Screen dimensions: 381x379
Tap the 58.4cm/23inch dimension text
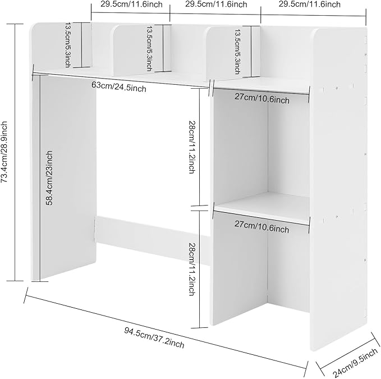[x=49, y=178]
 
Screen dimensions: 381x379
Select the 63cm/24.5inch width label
[x=119, y=87]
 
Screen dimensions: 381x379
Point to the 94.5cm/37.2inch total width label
[x=154, y=337]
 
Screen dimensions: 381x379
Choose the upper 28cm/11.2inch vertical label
[x=192, y=147]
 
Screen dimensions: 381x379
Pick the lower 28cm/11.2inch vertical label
[x=192, y=269]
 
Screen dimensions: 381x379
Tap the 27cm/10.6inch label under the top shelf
[x=262, y=98]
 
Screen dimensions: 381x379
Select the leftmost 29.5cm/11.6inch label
[x=131, y=4]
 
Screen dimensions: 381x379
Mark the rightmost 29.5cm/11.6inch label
[x=310, y=4]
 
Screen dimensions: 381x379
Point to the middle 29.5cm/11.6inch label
[x=216, y=4]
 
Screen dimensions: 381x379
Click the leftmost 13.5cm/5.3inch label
[x=68, y=45]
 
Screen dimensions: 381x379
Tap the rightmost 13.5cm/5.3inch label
[x=237, y=52]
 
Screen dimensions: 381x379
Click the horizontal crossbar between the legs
[x=153, y=240]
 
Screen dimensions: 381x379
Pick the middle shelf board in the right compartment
[x=263, y=208]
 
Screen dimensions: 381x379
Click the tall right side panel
[x=339, y=189]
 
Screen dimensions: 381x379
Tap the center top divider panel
[x=142, y=51]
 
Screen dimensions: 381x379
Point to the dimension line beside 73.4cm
[x=15, y=152]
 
